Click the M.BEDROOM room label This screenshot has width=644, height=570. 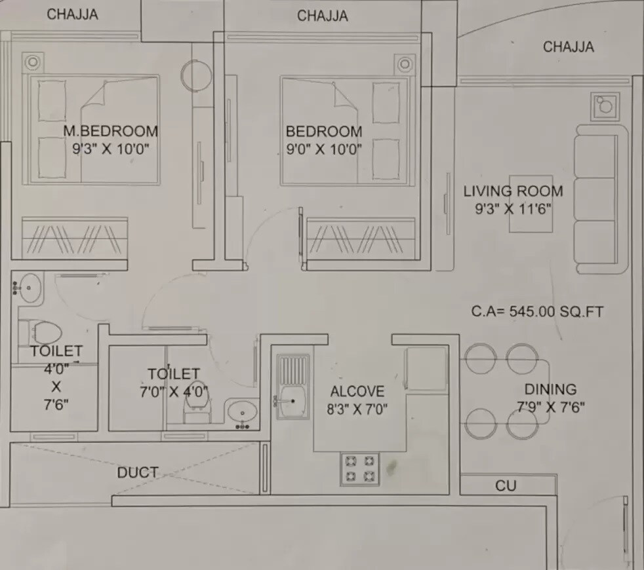pyautogui.click(x=110, y=131)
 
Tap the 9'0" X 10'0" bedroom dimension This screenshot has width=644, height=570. pyautogui.click(x=323, y=149)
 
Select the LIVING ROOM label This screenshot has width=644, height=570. pyautogui.click(x=513, y=191)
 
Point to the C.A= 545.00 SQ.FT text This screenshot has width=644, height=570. pyautogui.click(x=537, y=311)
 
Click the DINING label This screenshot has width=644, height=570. pyautogui.click(x=550, y=389)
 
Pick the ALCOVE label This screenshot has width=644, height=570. pyautogui.click(x=357, y=392)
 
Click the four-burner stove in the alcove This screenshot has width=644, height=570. pyautogui.click(x=359, y=469)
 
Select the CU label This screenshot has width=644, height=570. pyautogui.click(x=505, y=485)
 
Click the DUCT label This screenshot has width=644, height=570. pyautogui.click(x=137, y=472)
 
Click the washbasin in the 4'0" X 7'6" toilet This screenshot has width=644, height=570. pyautogui.click(x=28, y=286)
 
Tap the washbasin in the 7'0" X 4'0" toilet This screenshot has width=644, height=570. pyautogui.click(x=244, y=413)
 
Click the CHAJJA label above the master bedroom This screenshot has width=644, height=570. pyautogui.click(x=72, y=14)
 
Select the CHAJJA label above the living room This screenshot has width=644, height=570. pyautogui.click(x=568, y=47)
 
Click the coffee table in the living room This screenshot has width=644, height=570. pyautogui.click(x=531, y=204)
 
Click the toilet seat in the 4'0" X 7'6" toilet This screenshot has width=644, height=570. pyautogui.click(x=43, y=332)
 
